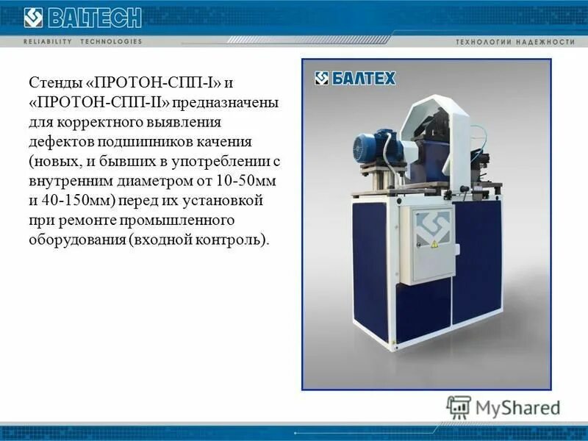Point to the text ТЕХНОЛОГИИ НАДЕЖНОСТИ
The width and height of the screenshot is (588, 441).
coord(515,42)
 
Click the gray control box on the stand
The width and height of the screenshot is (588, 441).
coord(431,243)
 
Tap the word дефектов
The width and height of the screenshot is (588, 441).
coord(57,140)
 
